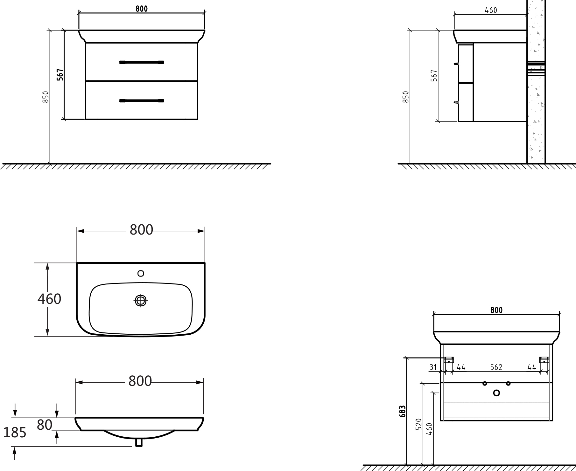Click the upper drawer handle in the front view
tap(142, 62)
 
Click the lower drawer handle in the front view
tap(142, 101)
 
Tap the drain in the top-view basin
tap(141, 300)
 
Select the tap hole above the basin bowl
tap(141, 273)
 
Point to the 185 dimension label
tap(14, 432)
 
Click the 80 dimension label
tap(45, 424)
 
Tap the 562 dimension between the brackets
tap(496, 367)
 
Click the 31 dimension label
tap(433, 367)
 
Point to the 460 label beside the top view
tap(49, 299)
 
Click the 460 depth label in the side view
tap(491, 10)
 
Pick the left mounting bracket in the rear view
tap(449, 360)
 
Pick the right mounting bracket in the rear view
tap(544, 360)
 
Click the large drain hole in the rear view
tap(496, 393)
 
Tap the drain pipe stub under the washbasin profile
tap(139, 443)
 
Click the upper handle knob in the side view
tap(456, 64)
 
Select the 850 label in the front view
tap(46, 97)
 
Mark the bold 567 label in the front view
tap(60, 75)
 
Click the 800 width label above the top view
tap(141, 229)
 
